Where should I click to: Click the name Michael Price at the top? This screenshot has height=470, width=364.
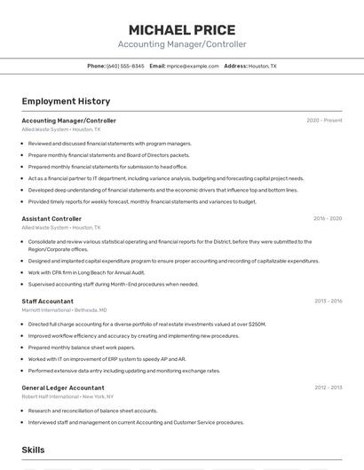(182, 29)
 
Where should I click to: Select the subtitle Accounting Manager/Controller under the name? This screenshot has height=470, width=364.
(182, 44)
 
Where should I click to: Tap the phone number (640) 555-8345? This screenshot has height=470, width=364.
(125, 66)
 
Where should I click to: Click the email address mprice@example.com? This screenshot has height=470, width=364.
(193, 66)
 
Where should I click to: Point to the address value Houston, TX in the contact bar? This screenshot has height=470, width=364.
(263, 66)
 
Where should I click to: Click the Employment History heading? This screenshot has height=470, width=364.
(66, 101)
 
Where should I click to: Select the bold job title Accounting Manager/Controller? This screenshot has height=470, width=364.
(68, 121)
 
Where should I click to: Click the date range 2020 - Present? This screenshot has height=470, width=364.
(324, 121)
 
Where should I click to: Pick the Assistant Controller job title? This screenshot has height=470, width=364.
(51, 218)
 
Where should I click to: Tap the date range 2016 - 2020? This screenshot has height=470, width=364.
(328, 218)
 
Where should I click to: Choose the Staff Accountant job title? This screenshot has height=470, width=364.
(47, 302)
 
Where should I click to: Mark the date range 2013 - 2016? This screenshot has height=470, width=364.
(328, 302)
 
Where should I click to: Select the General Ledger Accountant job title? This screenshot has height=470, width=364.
(63, 388)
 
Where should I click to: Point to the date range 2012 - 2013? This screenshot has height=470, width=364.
(328, 388)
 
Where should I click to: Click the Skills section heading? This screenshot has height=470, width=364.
(34, 450)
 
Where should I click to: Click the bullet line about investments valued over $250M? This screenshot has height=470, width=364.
(146, 325)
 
